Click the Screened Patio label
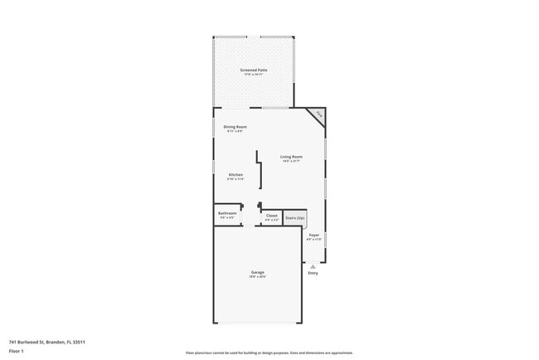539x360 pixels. [254, 71]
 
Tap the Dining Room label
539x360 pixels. [235, 127]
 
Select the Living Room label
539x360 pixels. [290, 157]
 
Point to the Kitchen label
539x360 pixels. [236, 174]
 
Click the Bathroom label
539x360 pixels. [227, 213]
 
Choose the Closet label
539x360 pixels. [271, 215]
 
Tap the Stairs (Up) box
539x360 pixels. [295, 217]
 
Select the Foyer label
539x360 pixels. [313, 235]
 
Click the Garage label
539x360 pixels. [258, 272]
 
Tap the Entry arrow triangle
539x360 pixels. [313, 265]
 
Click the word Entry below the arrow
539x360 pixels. [313, 273]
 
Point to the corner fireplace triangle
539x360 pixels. [319, 115]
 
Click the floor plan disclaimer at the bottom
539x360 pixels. [269, 353]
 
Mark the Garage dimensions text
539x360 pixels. [258, 277]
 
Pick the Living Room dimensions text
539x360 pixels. [290, 161]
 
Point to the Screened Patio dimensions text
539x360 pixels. [254, 75]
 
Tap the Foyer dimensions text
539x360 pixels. [313, 239]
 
